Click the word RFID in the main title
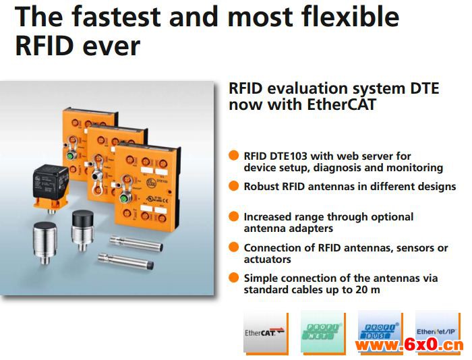pos(45,46)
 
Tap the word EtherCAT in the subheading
pos(341,104)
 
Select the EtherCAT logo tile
pos(266,333)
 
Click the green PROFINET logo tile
pos(323,332)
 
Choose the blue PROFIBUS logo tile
pos(380,331)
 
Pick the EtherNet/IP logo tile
pos(438,331)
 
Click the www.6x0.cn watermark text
pos(409,345)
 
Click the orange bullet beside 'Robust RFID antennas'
pos(233,185)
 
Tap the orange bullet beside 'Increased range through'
pos(233,216)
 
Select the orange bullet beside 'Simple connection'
pos(233,278)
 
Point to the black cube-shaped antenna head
pos(51,181)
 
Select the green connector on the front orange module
pos(123,199)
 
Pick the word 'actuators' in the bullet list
pos(267,259)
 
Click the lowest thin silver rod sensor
pos(126,262)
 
